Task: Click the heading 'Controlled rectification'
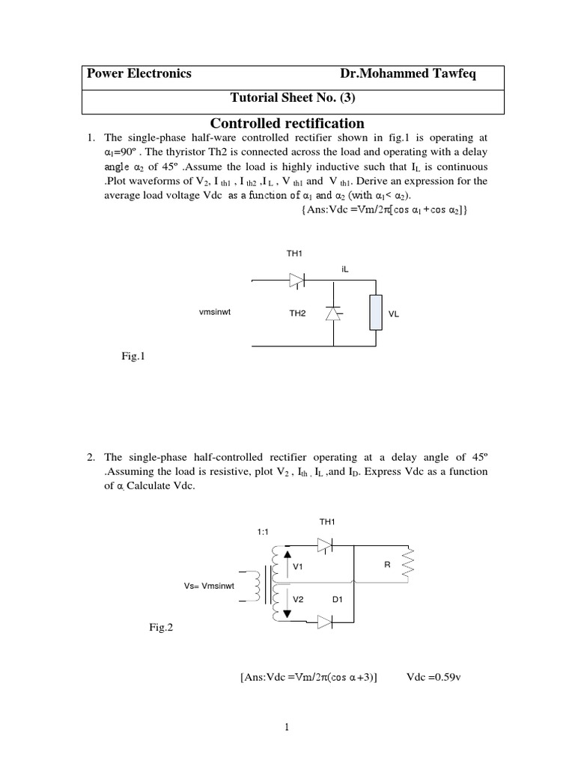coord(287,123)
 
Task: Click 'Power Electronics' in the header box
coord(139,74)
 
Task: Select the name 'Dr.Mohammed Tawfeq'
coord(412,74)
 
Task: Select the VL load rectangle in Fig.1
coord(374,313)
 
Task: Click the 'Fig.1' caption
coord(131,357)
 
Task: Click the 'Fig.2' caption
coord(161,628)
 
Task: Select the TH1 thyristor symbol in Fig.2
coord(325,547)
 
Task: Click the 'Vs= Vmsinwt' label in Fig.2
coord(210,586)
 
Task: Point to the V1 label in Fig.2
coord(298,568)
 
